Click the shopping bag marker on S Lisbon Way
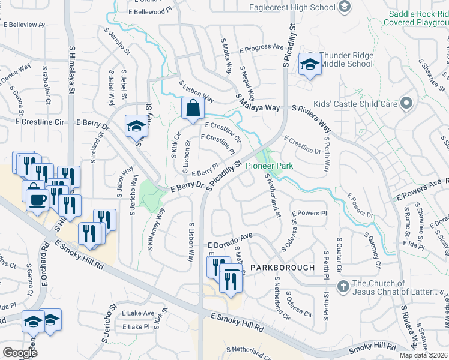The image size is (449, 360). pyautogui.click(x=193, y=109)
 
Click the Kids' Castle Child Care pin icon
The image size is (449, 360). pyautogui.click(x=406, y=103)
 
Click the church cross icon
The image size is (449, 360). pyautogui.click(x=343, y=286)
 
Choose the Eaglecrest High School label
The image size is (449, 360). pyautogui.click(x=292, y=7)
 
